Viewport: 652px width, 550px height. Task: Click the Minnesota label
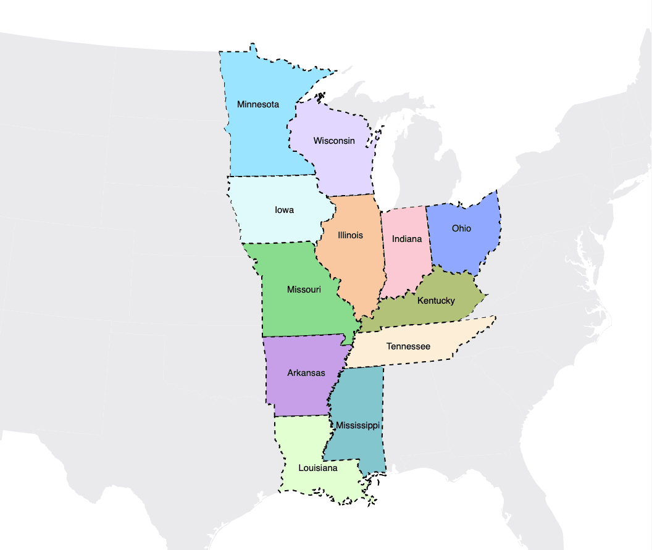tap(258, 104)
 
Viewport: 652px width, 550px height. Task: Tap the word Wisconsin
tap(334, 141)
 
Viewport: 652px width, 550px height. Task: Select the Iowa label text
tap(284, 210)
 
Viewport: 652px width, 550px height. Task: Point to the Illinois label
tap(351, 235)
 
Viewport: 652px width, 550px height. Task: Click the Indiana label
tap(407, 239)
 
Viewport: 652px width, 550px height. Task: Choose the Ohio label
tap(461, 228)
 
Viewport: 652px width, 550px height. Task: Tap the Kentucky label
tap(436, 301)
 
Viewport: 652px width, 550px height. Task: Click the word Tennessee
tap(408, 346)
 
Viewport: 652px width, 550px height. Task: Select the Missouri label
tap(304, 290)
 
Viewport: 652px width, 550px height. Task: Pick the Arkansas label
tap(306, 373)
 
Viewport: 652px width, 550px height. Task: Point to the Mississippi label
tap(357, 426)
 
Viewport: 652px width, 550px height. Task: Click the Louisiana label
tap(318, 468)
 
